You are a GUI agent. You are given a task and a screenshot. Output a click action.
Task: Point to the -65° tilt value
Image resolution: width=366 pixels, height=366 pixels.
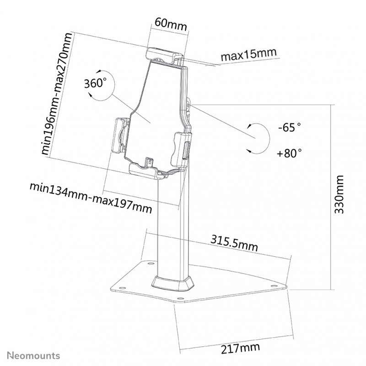pyautogui.click(x=290, y=128)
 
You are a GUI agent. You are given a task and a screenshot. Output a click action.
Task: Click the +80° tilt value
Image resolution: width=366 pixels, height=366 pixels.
pyautogui.click(x=289, y=153)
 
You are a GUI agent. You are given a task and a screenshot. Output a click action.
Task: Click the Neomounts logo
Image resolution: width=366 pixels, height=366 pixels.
pyautogui.click(x=32, y=355)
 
